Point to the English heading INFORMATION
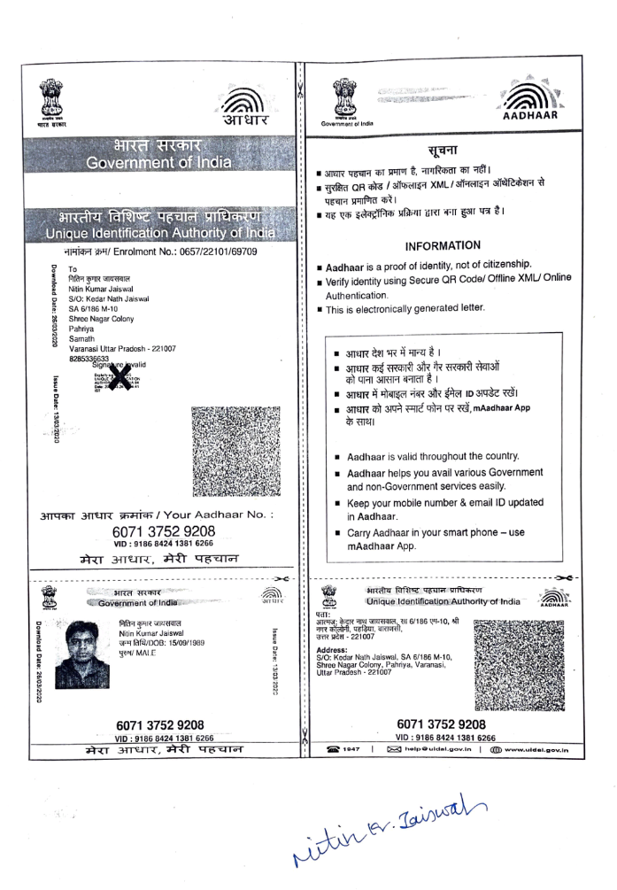(x=443, y=245)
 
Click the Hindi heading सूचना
(x=441, y=149)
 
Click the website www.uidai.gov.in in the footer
(x=530, y=751)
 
